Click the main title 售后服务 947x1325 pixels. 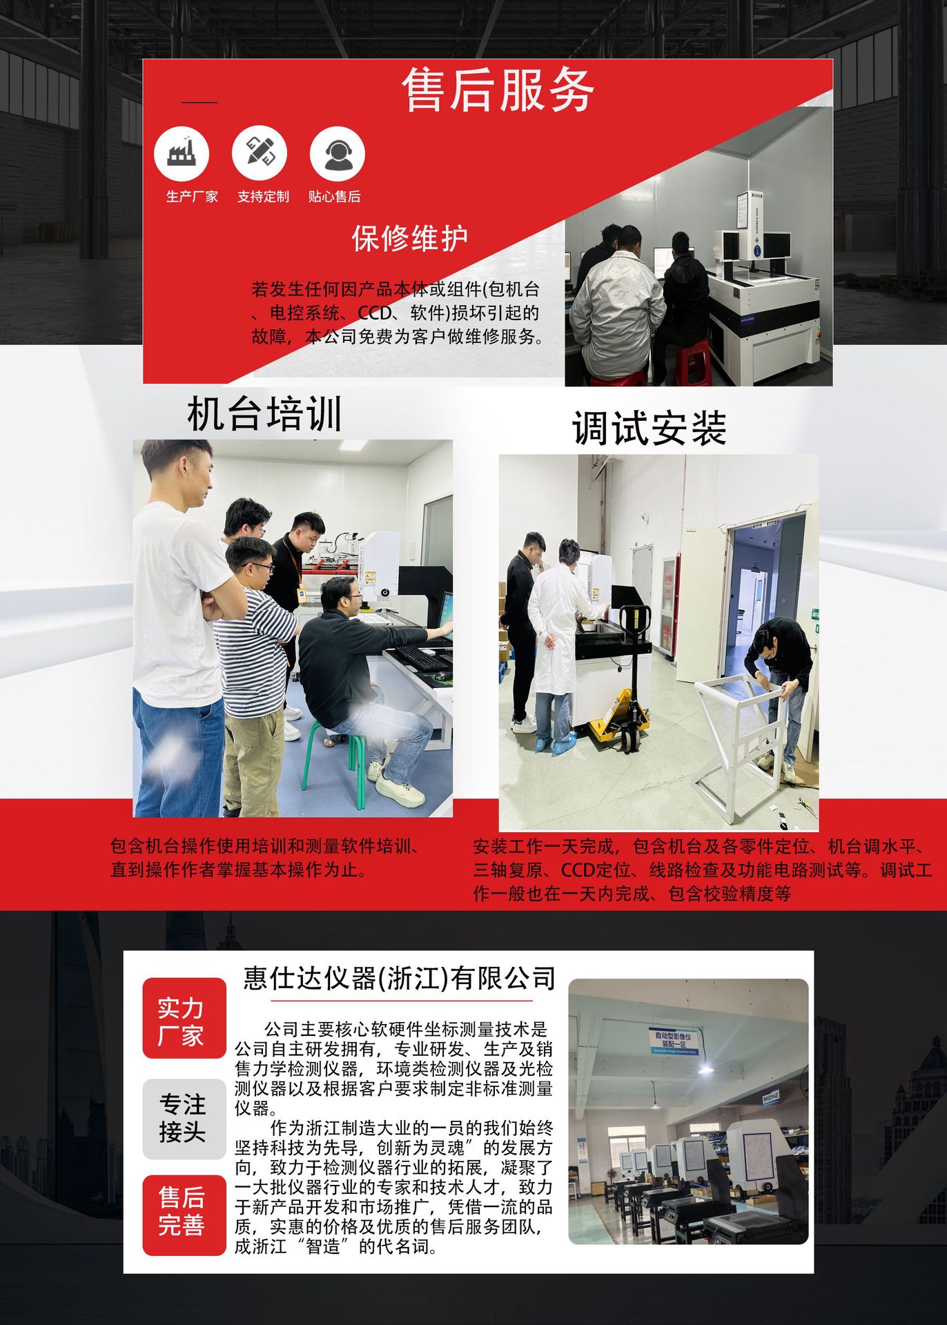click(x=498, y=90)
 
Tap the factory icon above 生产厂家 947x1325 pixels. click(x=182, y=153)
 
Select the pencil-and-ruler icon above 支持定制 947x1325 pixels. click(x=260, y=153)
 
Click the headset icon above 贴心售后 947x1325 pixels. click(x=337, y=153)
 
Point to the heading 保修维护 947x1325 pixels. click(x=409, y=239)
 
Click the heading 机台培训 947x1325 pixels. click(x=265, y=415)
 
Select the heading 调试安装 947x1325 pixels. click(x=649, y=429)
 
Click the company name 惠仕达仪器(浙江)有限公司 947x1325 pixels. click(x=399, y=979)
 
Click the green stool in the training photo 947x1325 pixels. click(x=338, y=759)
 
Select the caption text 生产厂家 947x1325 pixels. click(x=192, y=197)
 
